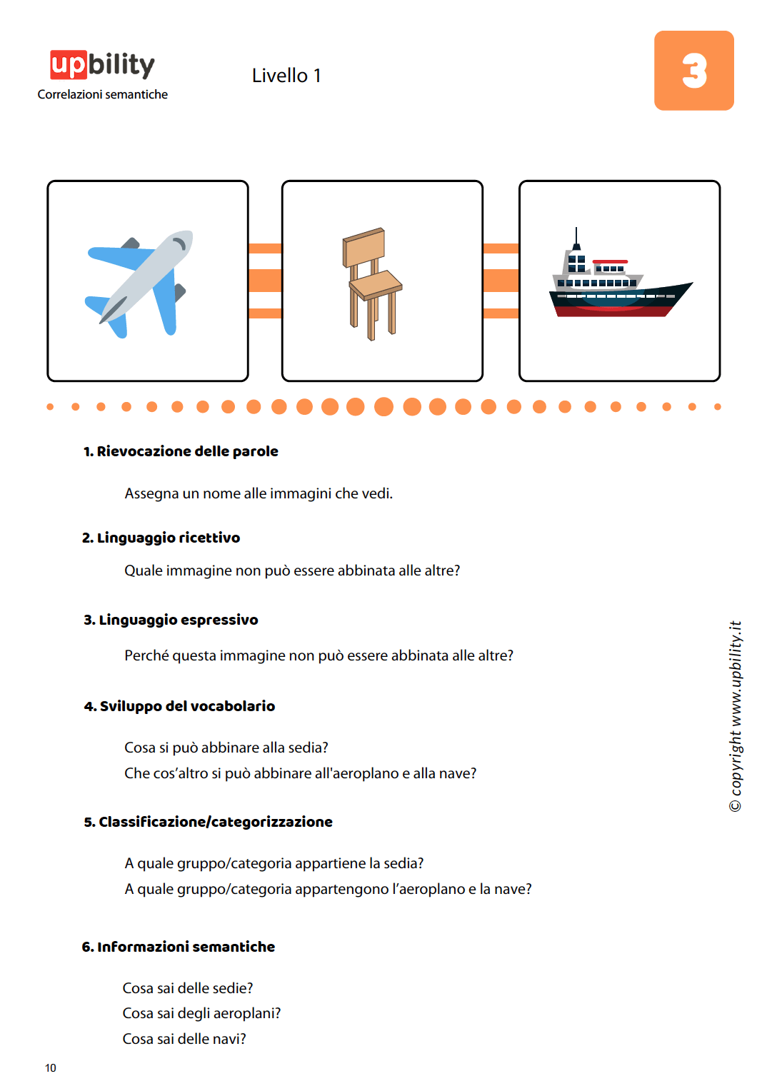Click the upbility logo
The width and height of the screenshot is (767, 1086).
[102, 65]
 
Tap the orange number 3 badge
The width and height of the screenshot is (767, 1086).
[693, 71]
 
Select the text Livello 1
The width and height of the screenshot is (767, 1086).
[286, 76]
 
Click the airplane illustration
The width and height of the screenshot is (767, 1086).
[140, 283]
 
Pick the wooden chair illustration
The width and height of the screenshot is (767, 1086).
[373, 283]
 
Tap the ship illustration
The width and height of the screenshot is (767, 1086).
[618, 284]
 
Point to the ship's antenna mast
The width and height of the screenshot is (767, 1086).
[576, 238]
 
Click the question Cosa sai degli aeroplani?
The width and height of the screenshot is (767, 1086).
[201, 1013]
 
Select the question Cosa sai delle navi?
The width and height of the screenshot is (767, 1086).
[184, 1039]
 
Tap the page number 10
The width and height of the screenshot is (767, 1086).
[51, 1068]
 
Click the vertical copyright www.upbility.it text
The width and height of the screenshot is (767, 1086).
[736, 715]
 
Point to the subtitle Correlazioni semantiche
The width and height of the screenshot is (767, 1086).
[103, 94]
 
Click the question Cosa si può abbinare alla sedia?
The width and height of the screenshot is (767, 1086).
[226, 748]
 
